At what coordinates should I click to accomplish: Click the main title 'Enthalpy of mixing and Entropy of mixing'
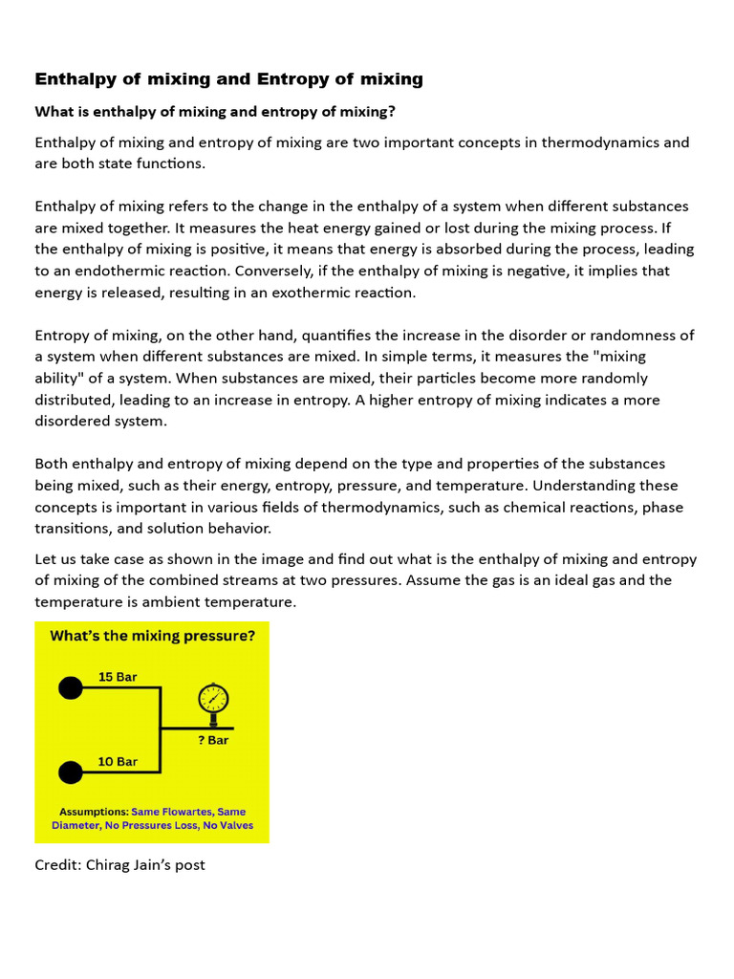228,79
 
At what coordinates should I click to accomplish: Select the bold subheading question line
215,112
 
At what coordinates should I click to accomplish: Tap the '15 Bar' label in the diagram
118,677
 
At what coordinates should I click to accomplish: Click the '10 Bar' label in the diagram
118,762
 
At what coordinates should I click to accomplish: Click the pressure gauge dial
213,699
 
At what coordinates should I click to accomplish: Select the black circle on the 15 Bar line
71,687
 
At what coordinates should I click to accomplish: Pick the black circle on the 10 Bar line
71,772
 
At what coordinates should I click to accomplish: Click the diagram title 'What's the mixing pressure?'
152,636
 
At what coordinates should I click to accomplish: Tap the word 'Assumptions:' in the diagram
94,812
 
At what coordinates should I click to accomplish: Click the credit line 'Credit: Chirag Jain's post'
119,865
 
